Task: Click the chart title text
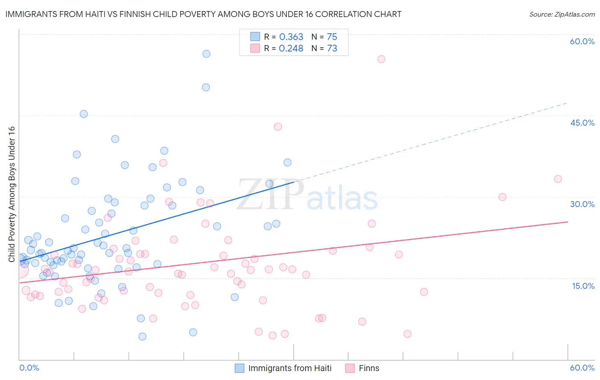(203, 14)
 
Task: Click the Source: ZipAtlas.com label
(562, 14)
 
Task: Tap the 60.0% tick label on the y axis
(582, 41)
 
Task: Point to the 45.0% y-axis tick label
(582, 123)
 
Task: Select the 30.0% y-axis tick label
(582, 204)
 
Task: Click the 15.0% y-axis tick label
(583, 286)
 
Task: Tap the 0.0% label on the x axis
(29, 368)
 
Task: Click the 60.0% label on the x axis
(582, 368)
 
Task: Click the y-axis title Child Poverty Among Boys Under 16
(12, 194)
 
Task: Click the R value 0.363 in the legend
(291, 37)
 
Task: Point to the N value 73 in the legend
(332, 49)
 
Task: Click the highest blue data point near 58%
(206, 54)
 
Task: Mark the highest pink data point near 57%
(381, 59)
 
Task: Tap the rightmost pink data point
(558, 179)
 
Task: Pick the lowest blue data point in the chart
(143, 337)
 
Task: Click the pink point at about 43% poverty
(278, 127)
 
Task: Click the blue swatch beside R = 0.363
(255, 37)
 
